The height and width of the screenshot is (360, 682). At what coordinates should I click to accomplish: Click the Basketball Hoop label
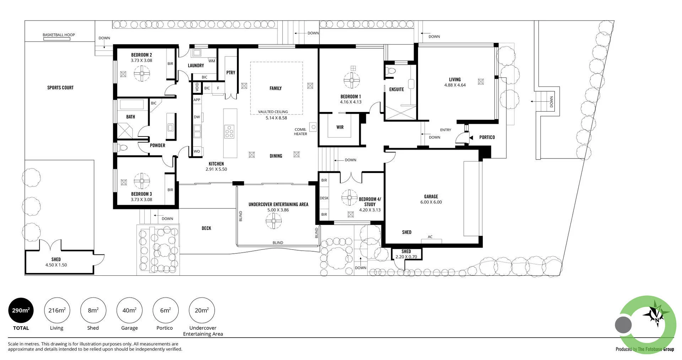coord(59,35)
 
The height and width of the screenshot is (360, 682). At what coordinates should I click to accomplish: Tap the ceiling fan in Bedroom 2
coord(142,74)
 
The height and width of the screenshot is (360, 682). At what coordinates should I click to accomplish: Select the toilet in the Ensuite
coord(390,70)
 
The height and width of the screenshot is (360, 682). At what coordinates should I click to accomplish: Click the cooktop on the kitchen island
coord(229,131)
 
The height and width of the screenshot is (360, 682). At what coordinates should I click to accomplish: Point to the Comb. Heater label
coord(301,131)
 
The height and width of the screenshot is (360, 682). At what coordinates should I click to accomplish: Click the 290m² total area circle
coord(21,310)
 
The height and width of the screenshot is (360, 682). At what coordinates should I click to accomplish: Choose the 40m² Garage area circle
coord(129,310)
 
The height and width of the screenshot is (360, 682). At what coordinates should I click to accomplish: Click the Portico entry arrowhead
coord(471,138)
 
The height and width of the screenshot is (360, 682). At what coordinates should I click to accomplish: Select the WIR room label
coord(340,127)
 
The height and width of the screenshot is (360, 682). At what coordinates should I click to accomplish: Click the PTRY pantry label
coord(231,72)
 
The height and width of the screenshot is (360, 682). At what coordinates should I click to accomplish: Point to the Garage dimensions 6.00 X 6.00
coord(431,202)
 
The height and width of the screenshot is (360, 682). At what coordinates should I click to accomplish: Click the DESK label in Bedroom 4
coord(324,198)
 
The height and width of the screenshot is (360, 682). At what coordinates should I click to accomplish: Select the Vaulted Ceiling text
coord(273,112)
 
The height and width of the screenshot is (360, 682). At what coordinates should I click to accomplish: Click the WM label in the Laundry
coord(212,61)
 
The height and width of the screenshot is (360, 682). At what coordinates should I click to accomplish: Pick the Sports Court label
coord(60,88)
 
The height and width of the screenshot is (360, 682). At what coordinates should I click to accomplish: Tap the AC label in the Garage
coord(430,237)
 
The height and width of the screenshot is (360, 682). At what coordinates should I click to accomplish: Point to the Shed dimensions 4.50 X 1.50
coord(56,265)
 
